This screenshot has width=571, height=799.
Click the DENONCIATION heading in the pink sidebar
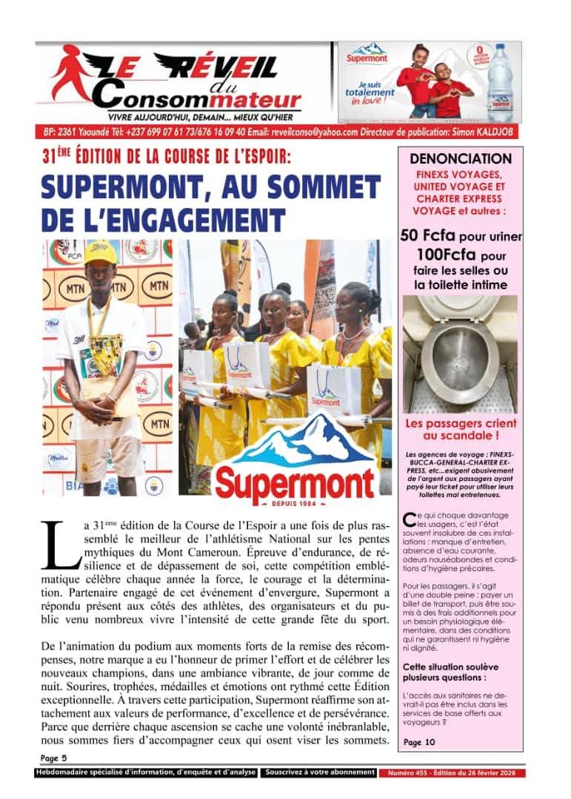pyautogui.click(x=461, y=158)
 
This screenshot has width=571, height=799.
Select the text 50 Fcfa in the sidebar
pyautogui.click(x=428, y=236)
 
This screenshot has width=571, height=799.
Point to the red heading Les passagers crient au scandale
pyautogui.click(x=461, y=431)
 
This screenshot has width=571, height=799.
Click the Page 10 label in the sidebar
pyautogui.click(x=420, y=742)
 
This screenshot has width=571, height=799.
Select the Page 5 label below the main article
pyautogui.click(x=53, y=758)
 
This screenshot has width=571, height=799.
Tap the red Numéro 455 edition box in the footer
pyautogui.click(x=453, y=773)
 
